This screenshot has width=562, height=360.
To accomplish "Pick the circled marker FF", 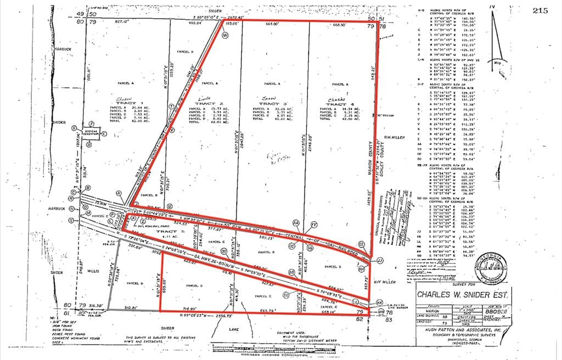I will point(314,224).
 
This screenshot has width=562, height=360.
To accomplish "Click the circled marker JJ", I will point(380,260).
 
